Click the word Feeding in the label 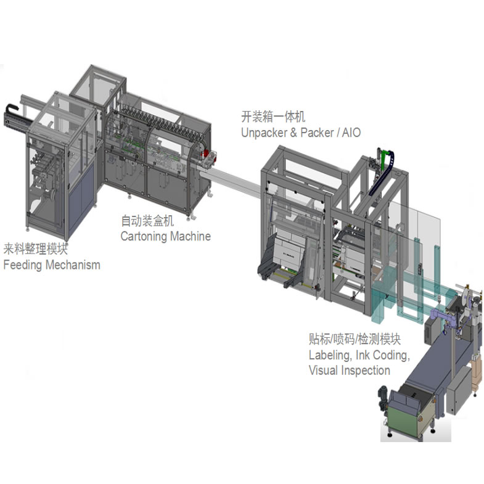pyautogui.click(x=24, y=265)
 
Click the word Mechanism pyautogui.click(x=73, y=265)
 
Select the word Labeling pyautogui.click(x=330, y=356)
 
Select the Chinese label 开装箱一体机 pyautogui.click(x=273, y=117)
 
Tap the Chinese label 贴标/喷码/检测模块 pyautogui.click(x=355, y=340)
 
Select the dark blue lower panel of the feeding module pyautogui.click(x=81, y=213)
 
